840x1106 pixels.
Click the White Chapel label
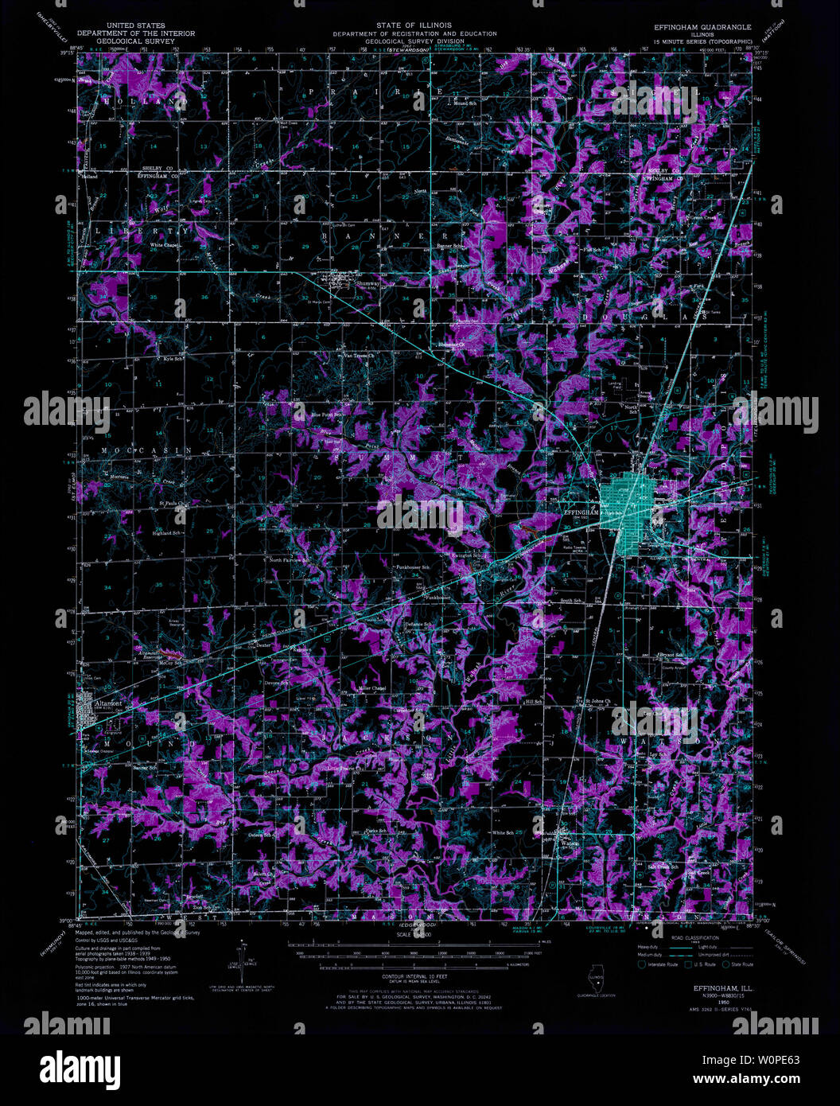[x=165, y=246]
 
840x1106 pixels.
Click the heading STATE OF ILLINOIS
[x=414, y=26]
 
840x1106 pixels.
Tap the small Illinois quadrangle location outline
[x=594, y=979]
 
